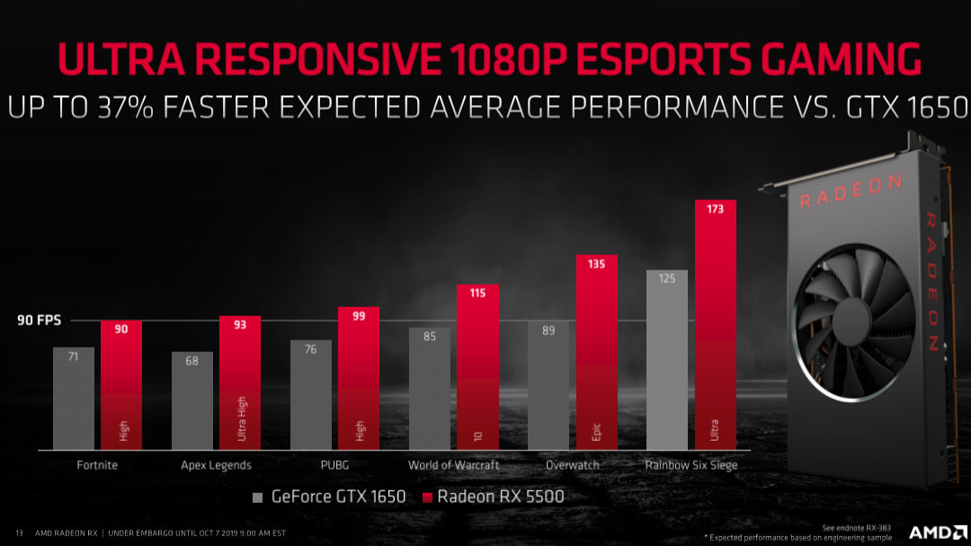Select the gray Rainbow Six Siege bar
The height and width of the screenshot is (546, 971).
[666, 359]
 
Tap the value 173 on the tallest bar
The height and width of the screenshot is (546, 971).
[716, 209]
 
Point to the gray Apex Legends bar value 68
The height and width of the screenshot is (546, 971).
[192, 362]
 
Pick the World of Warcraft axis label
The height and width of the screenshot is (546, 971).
[453, 465]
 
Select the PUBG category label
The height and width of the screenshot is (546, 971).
[334, 465]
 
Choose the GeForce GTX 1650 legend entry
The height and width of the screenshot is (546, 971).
[328, 496]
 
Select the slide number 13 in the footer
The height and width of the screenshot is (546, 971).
[19, 532]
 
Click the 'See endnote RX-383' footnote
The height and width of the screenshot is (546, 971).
[852, 527]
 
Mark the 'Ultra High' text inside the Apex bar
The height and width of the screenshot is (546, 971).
[242, 418]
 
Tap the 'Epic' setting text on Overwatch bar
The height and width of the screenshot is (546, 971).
[597, 433]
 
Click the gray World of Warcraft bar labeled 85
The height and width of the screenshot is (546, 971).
[430, 386]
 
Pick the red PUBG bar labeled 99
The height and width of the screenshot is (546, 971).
[359, 377]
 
